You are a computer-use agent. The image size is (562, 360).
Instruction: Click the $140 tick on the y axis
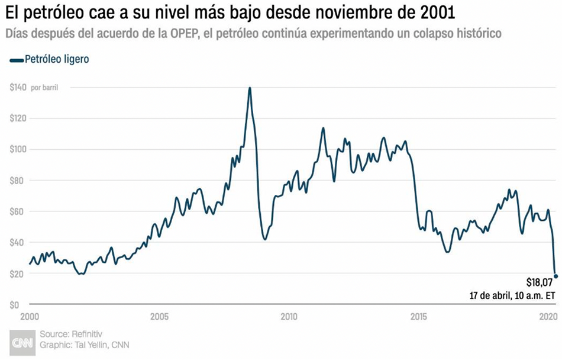18,88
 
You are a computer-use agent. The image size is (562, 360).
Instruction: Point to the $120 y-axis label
18,118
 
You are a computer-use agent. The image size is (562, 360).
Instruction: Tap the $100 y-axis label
18,149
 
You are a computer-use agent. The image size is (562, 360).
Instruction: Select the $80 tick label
19,181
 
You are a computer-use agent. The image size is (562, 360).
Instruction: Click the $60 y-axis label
19,211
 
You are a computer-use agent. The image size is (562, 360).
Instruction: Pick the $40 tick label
19,243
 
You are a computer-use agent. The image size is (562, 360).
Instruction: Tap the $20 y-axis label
19,274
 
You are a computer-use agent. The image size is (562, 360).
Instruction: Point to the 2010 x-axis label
289,316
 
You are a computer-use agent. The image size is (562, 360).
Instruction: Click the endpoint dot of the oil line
555,276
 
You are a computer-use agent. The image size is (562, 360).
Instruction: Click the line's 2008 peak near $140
250,88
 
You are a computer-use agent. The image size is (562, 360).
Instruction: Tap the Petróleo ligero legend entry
50,60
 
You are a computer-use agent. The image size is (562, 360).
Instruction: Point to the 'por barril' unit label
44,88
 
